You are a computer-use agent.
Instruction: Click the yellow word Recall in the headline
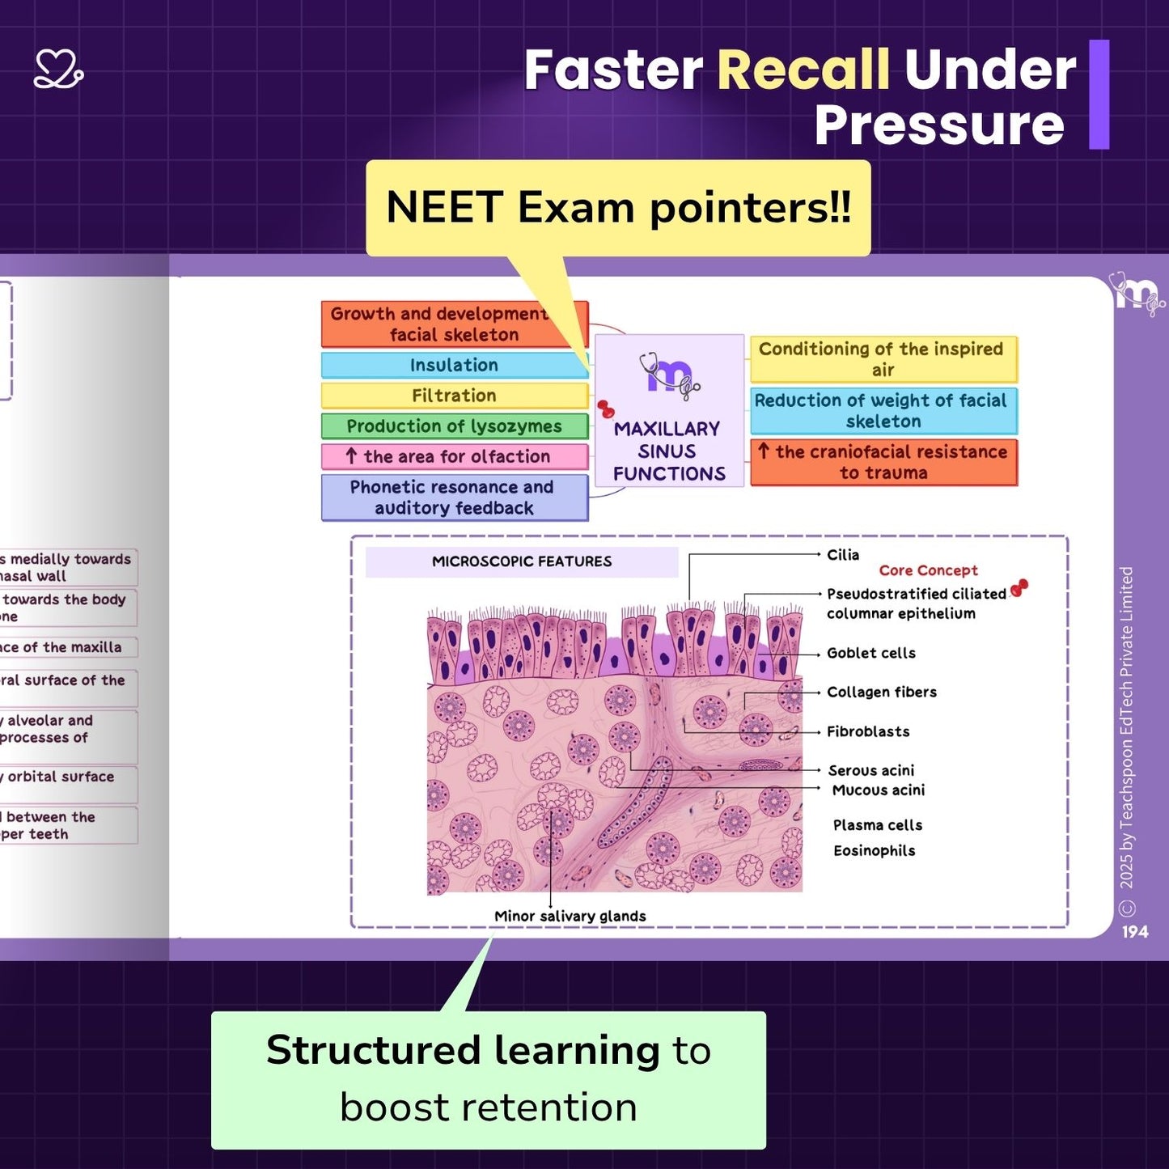click(x=803, y=70)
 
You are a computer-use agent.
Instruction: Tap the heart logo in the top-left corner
click(x=58, y=70)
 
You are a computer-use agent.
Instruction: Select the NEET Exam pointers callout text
click(x=618, y=207)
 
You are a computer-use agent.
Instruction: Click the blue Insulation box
click(x=454, y=365)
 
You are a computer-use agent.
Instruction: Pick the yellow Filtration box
click(x=454, y=396)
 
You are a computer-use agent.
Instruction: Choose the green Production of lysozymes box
click(x=454, y=426)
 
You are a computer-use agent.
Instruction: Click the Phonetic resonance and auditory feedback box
click(x=454, y=498)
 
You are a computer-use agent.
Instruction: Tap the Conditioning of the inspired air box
click(x=883, y=359)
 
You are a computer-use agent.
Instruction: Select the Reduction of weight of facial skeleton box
click(x=883, y=411)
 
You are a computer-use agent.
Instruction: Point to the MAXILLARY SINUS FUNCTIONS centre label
click(x=668, y=451)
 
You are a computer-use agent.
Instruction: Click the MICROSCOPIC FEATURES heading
click(x=522, y=561)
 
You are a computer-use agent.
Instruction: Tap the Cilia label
click(x=843, y=555)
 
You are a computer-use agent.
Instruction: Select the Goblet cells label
click(x=871, y=653)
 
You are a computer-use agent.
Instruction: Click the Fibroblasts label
click(x=868, y=731)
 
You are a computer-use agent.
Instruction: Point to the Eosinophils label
click(x=875, y=850)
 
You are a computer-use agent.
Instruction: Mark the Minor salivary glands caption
click(x=570, y=916)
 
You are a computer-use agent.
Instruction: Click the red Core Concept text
click(x=928, y=570)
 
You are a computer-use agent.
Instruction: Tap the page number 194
click(x=1134, y=932)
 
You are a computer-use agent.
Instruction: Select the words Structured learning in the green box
click(x=463, y=1050)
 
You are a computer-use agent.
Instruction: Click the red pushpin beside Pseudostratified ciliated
click(x=1019, y=587)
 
